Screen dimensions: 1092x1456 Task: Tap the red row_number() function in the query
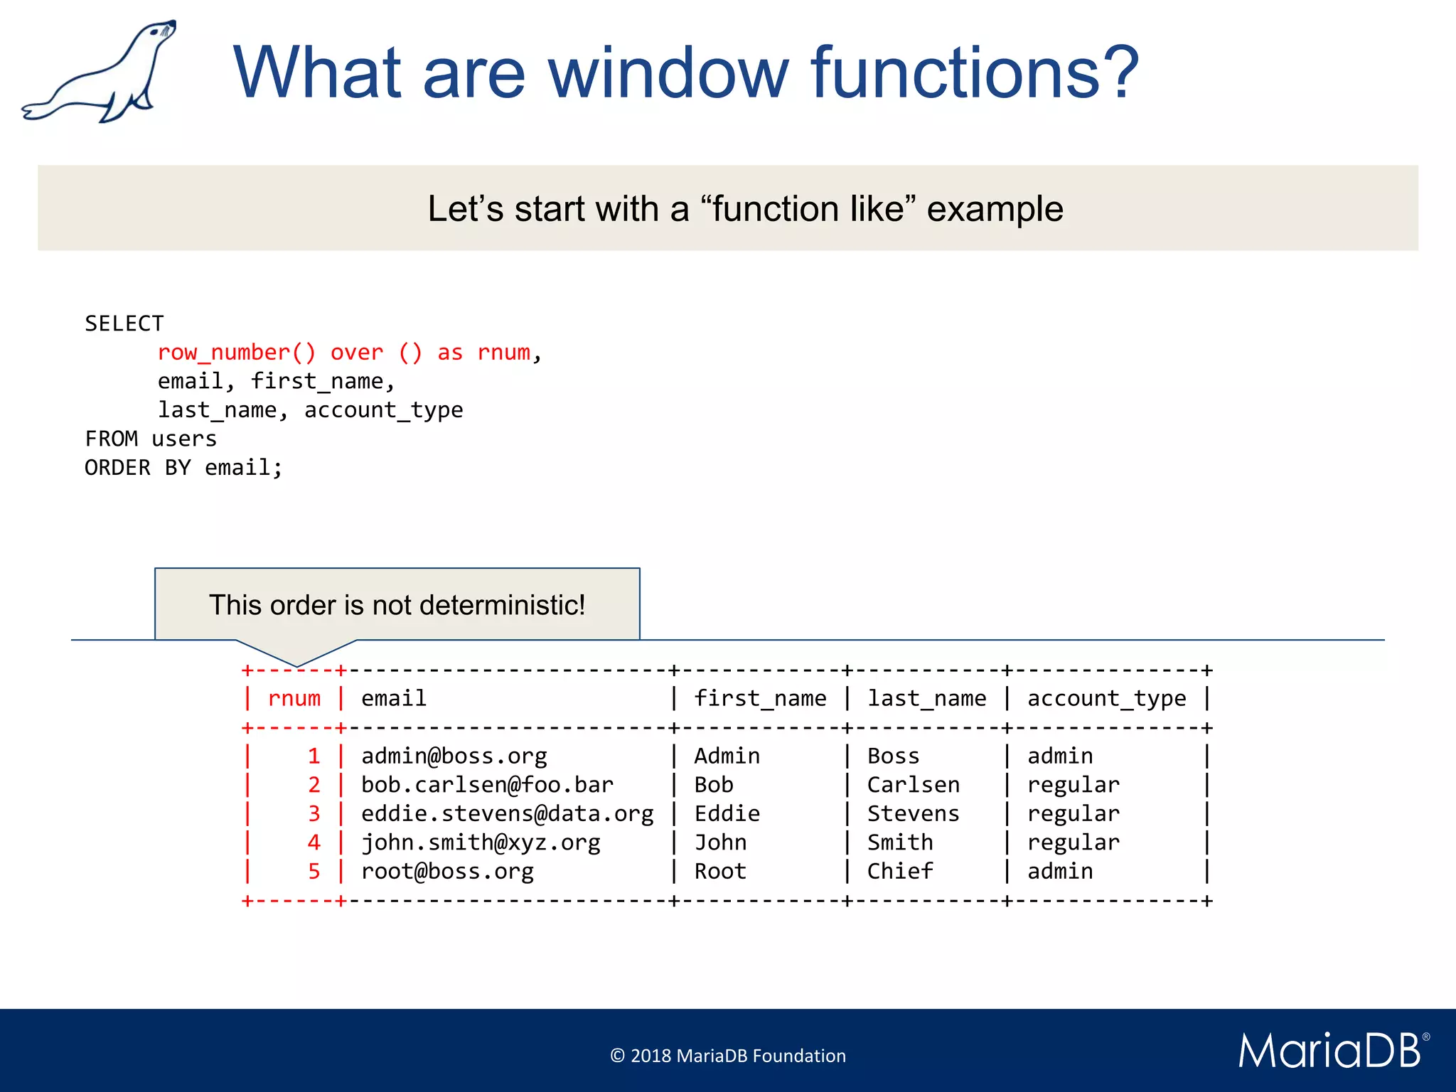coord(236,353)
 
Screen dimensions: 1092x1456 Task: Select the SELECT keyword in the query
coord(124,323)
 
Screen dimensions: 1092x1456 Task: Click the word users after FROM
coord(184,439)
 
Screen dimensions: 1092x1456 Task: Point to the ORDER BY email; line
coord(183,468)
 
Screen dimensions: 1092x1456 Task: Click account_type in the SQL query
coord(383,410)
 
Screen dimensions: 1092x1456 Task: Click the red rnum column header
coord(294,699)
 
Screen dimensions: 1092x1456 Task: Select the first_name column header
coord(760,699)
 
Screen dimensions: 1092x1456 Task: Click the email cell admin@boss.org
coord(454,756)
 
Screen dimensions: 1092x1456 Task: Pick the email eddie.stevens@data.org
coord(507,813)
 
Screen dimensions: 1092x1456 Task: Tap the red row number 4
coord(314,842)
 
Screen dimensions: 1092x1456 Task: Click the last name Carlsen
coord(913,785)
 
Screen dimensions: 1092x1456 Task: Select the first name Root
coord(719,871)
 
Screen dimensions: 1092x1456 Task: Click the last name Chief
coord(899,871)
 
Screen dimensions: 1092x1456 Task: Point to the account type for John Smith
coord(1073,842)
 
